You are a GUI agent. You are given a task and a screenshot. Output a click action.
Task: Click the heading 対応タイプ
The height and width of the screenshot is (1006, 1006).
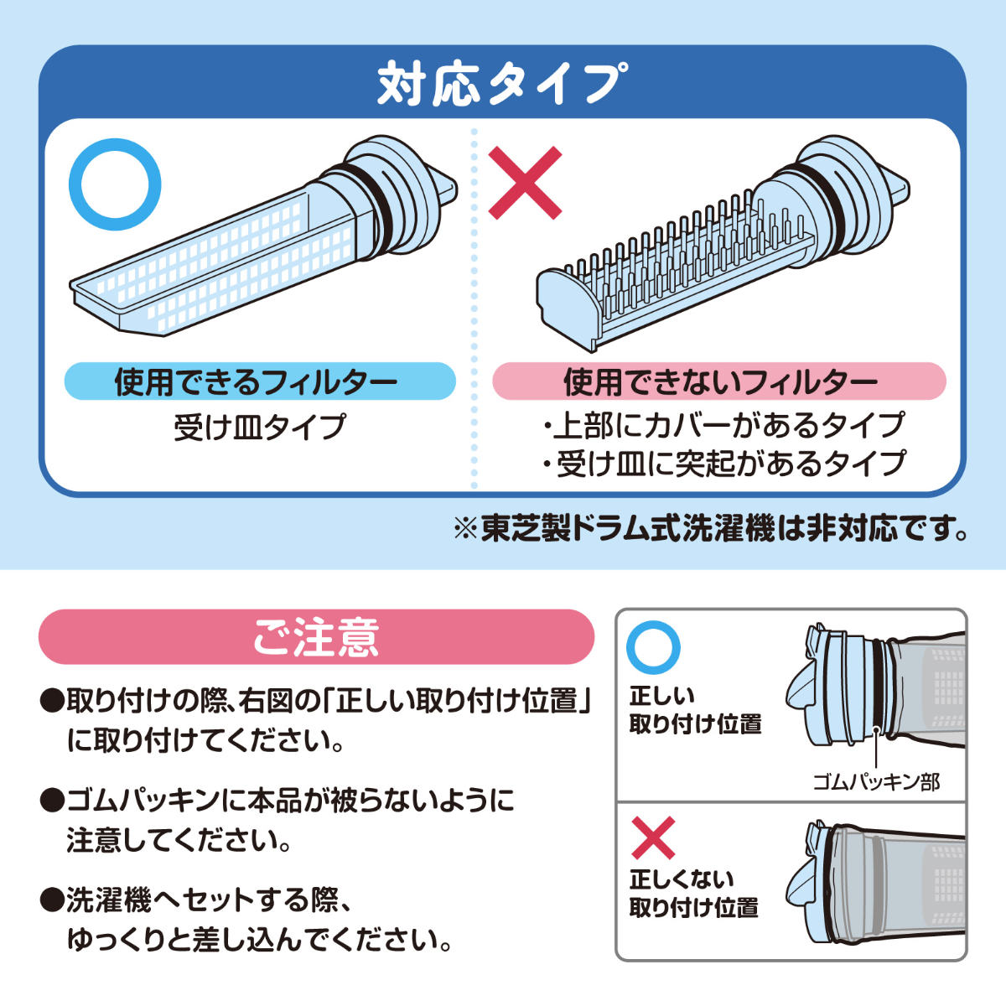coord(502,83)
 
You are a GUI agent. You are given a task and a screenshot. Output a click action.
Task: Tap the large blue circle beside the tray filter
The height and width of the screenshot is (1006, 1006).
coord(115,187)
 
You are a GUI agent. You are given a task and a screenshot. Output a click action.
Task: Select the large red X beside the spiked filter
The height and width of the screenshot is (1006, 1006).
coord(525,184)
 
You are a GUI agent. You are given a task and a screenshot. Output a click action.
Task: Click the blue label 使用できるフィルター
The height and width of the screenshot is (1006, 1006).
coord(260,382)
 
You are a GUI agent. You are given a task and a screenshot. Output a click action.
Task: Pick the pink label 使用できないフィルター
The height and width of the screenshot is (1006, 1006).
coord(719,382)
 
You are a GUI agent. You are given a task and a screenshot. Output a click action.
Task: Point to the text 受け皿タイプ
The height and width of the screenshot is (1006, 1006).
coord(260,428)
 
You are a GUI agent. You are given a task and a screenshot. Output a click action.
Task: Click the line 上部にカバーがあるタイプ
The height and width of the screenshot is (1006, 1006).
coord(723,425)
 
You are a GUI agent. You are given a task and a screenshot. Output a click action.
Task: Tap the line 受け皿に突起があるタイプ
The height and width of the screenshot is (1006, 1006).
coord(723,464)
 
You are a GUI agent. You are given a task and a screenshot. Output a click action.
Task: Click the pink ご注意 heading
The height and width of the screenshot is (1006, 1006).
coord(316,637)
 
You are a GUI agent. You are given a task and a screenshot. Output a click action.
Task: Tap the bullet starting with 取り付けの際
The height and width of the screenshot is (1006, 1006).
coord(316,721)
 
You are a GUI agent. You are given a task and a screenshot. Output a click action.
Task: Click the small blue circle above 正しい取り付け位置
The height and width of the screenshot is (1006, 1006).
coord(654,646)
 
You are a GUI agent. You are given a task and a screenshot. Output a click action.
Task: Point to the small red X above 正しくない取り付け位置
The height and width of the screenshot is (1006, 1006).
coord(653,837)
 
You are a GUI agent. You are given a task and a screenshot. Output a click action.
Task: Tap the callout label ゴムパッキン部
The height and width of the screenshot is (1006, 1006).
coord(876,782)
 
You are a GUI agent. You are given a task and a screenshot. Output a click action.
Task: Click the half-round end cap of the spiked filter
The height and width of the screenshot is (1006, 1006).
coord(563,298)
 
